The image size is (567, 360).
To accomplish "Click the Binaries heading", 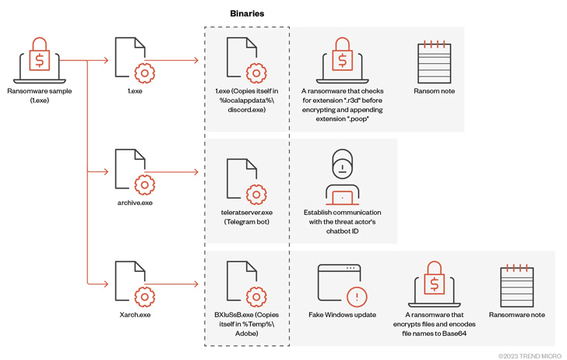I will [247, 13].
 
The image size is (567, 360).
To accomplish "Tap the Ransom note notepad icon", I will [434, 60].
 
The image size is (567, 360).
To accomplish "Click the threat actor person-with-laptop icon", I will [342, 176].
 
